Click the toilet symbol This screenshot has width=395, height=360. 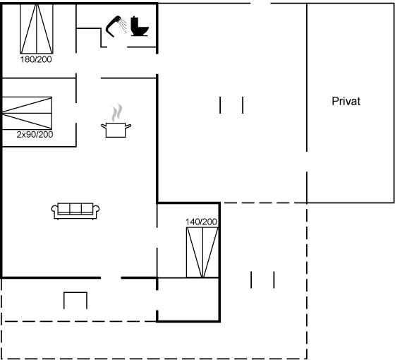(140, 26)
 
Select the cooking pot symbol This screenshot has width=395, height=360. (116, 130)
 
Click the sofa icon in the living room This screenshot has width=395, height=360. (75, 211)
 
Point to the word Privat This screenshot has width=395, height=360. (346, 101)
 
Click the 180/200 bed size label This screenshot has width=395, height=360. (36, 59)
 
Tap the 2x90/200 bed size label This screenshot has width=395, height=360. (35, 134)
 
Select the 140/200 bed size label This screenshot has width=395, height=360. (201, 222)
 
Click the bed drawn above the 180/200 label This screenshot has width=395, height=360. (37, 29)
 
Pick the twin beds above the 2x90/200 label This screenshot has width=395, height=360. (27, 113)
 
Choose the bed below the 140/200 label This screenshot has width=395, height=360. (202, 252)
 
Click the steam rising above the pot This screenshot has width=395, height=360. (117, 112)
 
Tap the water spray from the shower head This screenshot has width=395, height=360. (123, 25)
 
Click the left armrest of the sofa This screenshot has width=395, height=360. (55, 211)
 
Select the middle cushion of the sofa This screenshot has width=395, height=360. (75, 209)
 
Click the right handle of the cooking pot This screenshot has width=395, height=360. (128, 126)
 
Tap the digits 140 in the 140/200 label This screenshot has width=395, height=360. (192, 222)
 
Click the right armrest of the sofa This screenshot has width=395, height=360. (96, 211)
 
